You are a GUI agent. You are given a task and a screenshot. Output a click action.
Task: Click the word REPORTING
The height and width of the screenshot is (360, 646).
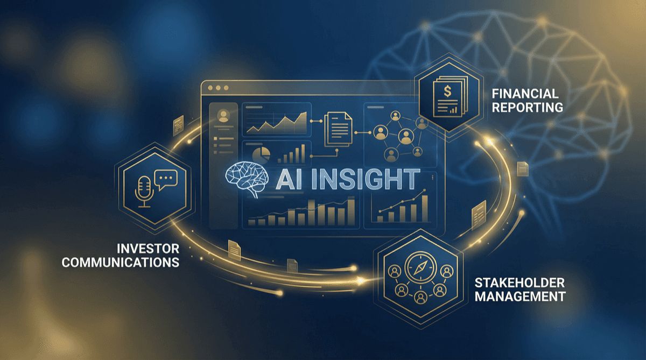point(528,107)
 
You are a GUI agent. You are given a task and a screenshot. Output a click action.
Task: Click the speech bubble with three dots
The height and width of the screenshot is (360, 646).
point(164,179)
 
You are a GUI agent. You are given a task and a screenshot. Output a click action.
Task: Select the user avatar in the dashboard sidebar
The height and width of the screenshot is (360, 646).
point(221,115)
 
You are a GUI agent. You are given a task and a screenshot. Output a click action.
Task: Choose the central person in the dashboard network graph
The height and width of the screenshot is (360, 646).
point(404,137)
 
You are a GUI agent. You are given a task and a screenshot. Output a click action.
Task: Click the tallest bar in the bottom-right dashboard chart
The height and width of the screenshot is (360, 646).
point(425,207)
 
